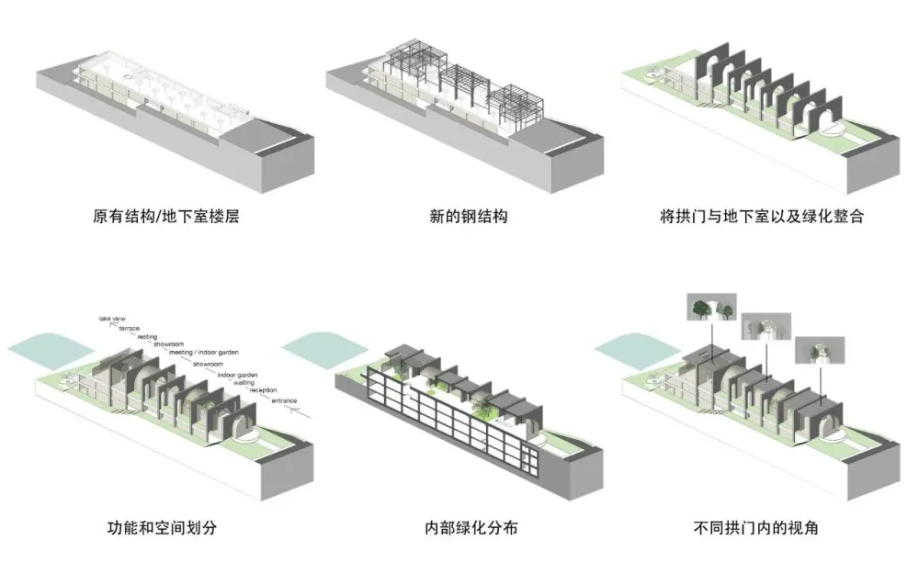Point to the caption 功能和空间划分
click(162, 527)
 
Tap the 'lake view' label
click(112, 319)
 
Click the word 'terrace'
click(130, 328)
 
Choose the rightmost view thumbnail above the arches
click(816, 348)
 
